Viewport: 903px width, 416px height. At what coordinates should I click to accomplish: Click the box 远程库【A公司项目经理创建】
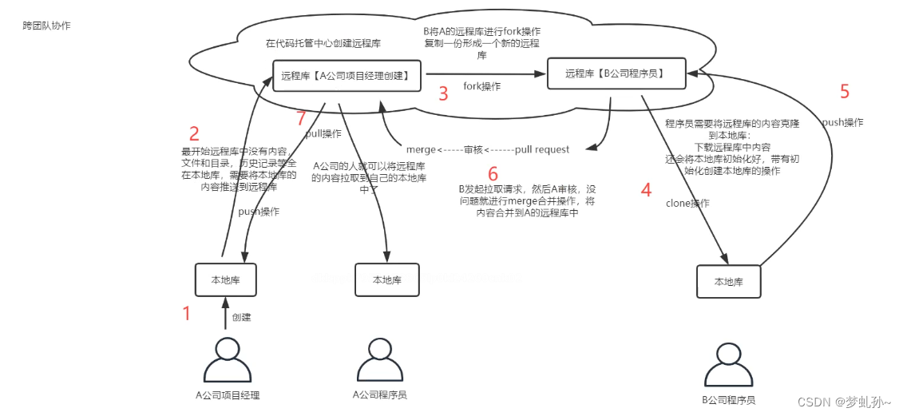(347, 76)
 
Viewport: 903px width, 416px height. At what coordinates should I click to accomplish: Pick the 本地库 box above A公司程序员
(386, 279)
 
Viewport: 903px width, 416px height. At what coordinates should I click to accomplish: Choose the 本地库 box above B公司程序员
(728, 281)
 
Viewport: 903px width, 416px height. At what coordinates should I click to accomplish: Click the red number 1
(187, 313)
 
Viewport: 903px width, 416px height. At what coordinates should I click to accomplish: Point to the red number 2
(193, 133)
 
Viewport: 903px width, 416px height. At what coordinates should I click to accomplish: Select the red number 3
(443, 93)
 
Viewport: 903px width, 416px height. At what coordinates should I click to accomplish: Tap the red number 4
(645, 190)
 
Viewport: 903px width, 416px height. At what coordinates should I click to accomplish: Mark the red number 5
(845, 91)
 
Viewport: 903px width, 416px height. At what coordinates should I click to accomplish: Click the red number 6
(493, 173)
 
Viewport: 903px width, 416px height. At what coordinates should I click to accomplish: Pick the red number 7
(300, 119)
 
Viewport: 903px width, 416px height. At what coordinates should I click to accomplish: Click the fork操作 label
(481, 86)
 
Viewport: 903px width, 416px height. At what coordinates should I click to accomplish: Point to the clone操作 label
(687, 203)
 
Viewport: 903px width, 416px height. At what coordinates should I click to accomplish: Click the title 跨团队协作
(46, 26)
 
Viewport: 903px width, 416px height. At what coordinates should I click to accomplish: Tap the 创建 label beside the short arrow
(241, 317)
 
